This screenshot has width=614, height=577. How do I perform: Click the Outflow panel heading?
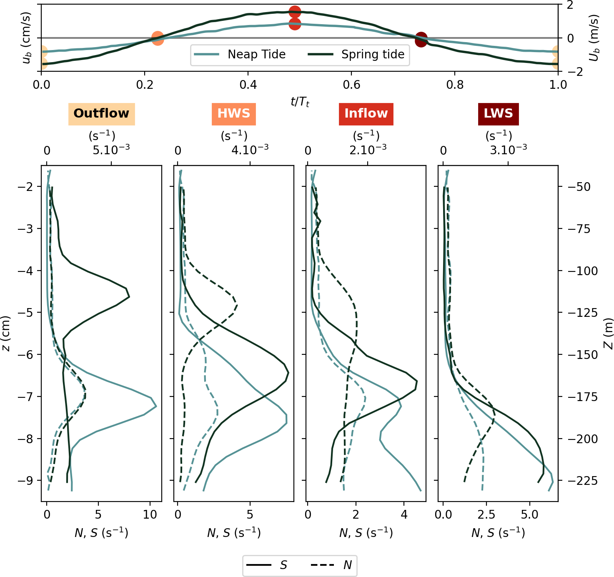pos(101,114)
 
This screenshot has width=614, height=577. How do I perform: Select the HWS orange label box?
pos(233,114)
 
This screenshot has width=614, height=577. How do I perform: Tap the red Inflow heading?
pos(366,114)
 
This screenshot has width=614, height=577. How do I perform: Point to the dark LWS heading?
pos(498,114)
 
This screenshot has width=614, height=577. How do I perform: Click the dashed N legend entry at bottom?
pos(332,565)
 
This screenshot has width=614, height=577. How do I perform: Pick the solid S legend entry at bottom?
pos(267,565)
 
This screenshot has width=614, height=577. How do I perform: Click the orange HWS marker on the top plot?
pos(157,38)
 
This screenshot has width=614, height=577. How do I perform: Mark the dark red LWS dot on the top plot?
pos(421,40)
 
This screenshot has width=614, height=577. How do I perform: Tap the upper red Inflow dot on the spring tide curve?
pos(295,12)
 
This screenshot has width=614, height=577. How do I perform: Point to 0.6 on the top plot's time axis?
pos(351,85)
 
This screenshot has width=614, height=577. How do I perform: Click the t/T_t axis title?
pos(300,102)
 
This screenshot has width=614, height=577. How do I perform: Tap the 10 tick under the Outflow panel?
pos(150,515)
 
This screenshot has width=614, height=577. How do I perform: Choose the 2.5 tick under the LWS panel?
pos(486,515)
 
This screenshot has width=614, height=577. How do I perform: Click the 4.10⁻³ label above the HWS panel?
pos(250,150)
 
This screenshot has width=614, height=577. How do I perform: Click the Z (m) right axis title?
pos(608,334)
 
